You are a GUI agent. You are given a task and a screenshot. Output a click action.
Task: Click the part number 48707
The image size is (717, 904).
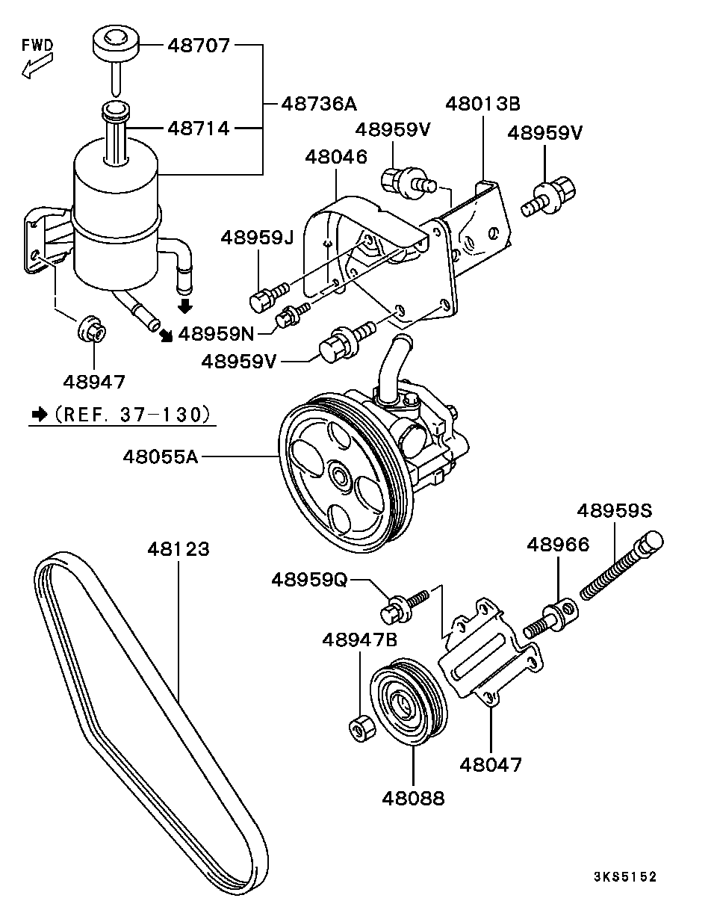tap(199, 46)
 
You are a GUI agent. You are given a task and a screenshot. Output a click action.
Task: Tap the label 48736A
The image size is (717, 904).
tap(319, 104)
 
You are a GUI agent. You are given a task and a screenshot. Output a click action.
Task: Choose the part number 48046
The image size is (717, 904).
tap(336, 157)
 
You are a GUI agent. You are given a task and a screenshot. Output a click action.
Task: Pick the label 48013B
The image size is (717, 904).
tap(482, 103)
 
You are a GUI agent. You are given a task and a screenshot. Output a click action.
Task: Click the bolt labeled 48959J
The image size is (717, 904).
tap(261, 300)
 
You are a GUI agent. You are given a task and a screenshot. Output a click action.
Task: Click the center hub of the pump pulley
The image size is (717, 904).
tap(339, 476)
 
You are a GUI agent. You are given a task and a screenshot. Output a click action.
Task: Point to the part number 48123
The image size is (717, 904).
tap(178, 549)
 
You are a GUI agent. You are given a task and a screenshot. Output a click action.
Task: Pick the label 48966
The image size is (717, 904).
tap(558, 544)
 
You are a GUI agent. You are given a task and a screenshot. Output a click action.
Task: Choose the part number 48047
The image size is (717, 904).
tap(491, 764)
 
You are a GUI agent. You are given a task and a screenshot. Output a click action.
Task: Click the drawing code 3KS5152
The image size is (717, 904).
tap(625, 876)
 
